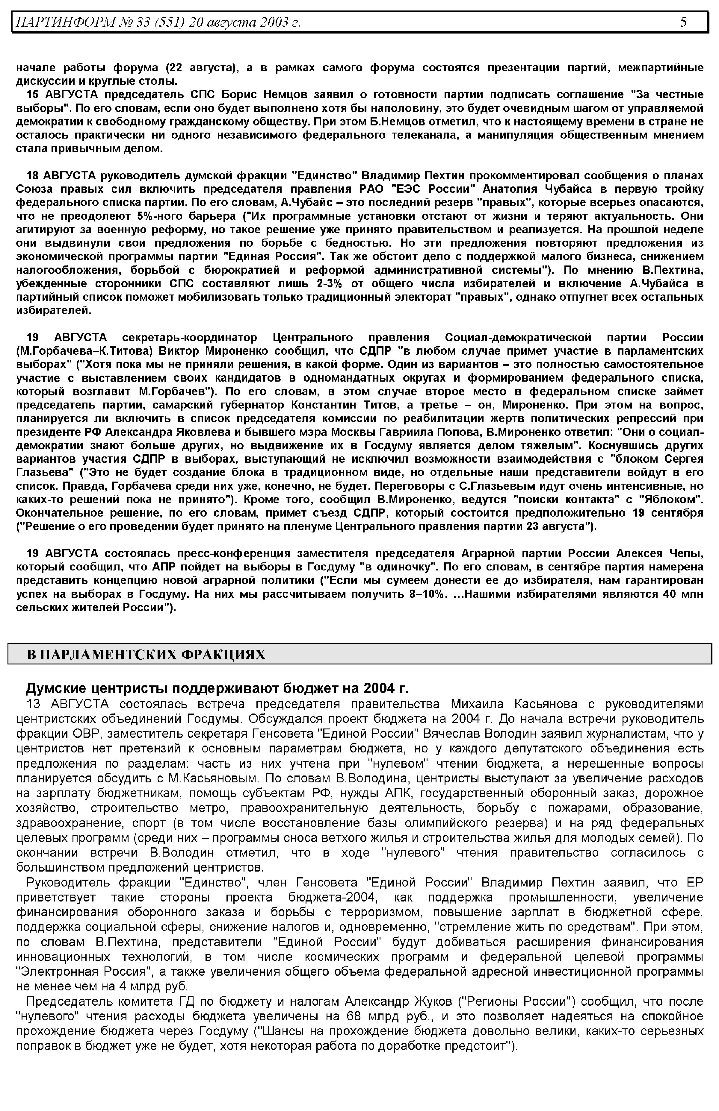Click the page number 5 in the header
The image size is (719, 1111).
(x=683, y=22)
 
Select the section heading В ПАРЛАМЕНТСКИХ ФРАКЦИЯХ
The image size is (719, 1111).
(x=146, y=654)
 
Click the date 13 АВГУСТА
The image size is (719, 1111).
(x=68, y=704)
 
